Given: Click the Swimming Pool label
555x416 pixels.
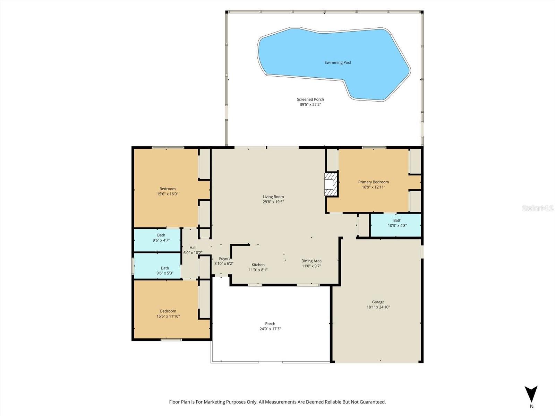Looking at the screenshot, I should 338,63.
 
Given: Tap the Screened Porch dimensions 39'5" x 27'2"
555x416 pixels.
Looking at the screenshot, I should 310,104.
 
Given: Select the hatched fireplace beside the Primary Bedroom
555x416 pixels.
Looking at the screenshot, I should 331,184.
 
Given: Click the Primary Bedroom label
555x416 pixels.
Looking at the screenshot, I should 373,182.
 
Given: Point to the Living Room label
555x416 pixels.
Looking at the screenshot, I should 273,197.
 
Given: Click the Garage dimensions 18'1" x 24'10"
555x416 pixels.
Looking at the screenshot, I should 378,307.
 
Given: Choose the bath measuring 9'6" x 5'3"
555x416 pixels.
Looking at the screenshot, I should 165,270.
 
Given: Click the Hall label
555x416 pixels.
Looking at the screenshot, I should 193,248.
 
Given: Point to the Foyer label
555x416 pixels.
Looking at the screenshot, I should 224,259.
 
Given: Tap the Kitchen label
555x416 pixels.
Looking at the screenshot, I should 258,265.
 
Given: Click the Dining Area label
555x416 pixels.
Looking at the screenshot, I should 311,261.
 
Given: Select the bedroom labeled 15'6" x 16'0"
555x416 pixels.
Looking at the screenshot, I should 168,191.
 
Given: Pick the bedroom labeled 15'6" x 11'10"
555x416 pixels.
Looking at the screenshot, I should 168,313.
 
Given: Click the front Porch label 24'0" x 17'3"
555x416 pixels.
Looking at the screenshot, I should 270,326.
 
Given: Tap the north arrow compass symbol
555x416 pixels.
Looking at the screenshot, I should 531,395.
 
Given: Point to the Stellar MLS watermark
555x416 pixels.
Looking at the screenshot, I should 537,208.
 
